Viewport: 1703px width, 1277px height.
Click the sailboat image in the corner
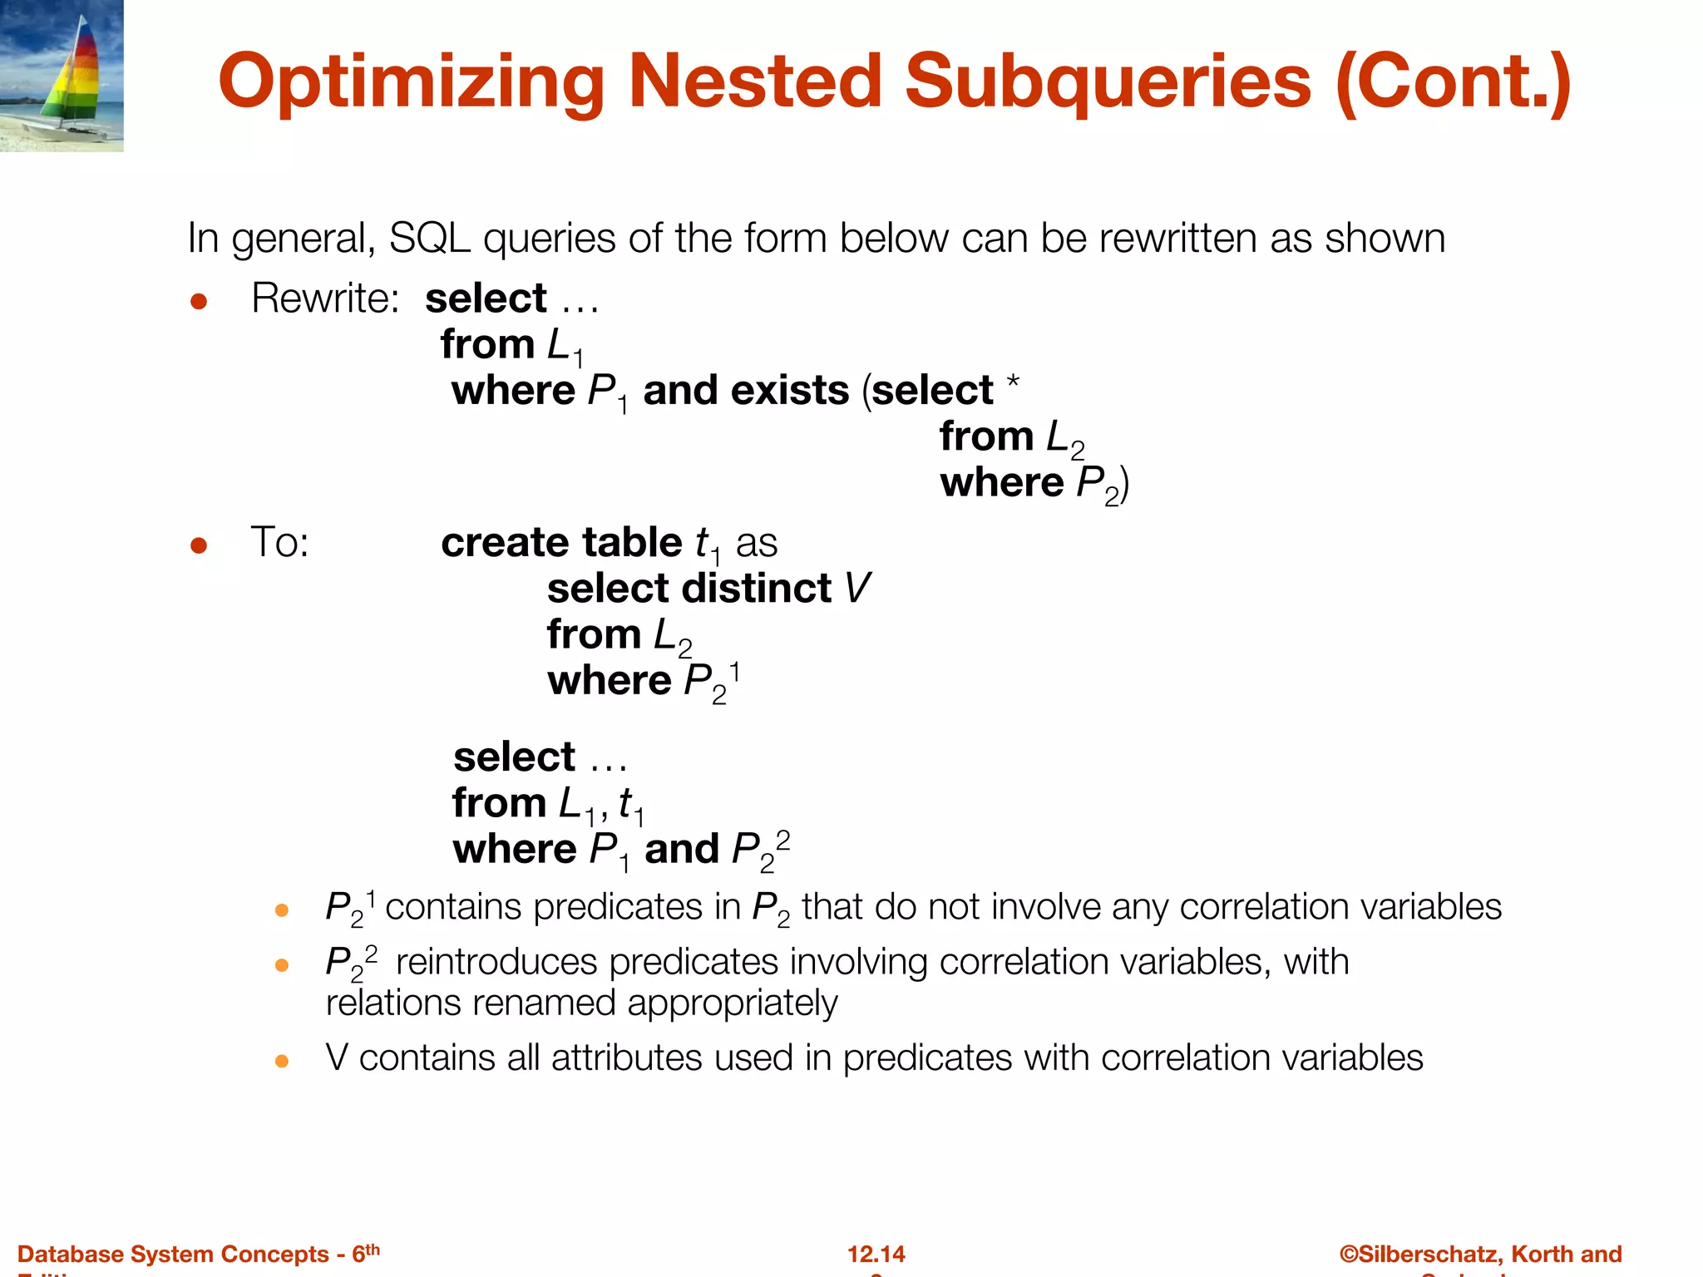click(x=62, y=76)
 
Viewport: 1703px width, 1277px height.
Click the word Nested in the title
click(x=754, y=81)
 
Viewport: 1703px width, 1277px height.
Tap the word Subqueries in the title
click(x=1108, y=81)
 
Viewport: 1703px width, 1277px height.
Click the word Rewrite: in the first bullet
click(x=325, y=298)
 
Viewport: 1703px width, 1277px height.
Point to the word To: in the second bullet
click(x=279, y=542)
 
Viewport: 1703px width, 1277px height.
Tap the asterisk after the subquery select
click(x=1012, y=382)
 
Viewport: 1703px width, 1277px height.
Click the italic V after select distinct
click(x=857, y=588)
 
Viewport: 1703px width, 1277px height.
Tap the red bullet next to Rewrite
click(x=199, y=301)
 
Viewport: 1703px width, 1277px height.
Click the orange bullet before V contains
click(x=281, y=1061)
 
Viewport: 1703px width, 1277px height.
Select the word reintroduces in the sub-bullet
click(x=496, y=962)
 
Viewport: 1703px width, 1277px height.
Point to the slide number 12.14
click(x=876, y=1254)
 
